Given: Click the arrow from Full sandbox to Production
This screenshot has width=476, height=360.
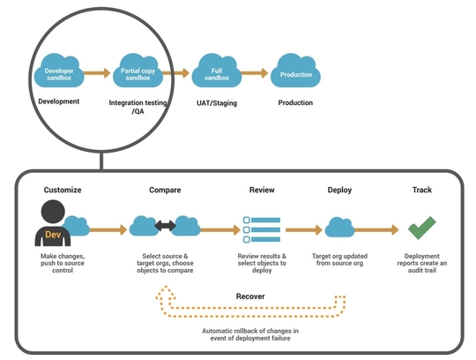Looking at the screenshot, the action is coord(255,73).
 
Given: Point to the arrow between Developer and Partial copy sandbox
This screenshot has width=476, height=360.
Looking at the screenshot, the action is coord(97,73).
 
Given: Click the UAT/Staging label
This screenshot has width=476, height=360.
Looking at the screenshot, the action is coord(217,103).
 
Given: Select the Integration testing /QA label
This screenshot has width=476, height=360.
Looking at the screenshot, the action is coord(138,107).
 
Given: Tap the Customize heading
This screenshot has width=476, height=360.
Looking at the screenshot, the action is coord(63,190).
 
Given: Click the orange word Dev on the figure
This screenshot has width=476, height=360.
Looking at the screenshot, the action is coord(53,235).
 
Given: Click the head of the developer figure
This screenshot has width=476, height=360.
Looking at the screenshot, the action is coord(53,212).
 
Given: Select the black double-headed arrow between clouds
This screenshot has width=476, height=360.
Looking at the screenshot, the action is coord(165,226).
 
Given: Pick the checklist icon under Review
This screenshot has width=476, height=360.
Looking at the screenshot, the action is coord(262,229).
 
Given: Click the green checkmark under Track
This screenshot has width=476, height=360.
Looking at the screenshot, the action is coord(422,228).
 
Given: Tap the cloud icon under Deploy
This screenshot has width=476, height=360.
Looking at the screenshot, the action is coord(339,228).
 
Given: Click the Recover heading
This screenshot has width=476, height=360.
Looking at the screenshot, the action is coord(250,296).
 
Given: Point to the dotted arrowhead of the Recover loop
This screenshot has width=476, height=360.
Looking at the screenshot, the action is coord(166,293).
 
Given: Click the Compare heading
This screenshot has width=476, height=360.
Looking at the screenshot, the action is coord(165,190).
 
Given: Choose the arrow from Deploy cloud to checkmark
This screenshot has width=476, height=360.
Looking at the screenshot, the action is coord(376,229).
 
